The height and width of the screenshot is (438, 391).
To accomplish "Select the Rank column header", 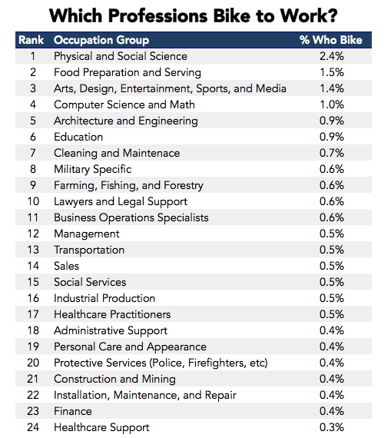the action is pyautogui.click(x=31, y=40).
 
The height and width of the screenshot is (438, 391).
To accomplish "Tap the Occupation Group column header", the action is pyautogui.click(x=101, y=41).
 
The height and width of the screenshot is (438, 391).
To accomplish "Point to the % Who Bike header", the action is pyautogui.click(x=331, y=40).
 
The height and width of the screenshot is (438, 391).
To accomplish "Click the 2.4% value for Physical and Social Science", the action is pyautogui.click(x=332, y=56).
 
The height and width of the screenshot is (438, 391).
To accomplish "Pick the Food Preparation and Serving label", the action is pyautogui.click(x=128, y=73).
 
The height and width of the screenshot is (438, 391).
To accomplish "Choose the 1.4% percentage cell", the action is pyautogui.click(x=332, y=88).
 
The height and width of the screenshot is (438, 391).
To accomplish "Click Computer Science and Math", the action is pyautogui.click(x=124, y=105).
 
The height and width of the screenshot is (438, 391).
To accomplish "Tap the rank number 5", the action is pyautogui.click(x=33, y=121).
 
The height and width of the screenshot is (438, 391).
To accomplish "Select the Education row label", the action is pyautogui.click(x=78, y=137).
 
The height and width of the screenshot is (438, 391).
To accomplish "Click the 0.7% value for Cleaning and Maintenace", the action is pyautogui.click(x=332, y=153).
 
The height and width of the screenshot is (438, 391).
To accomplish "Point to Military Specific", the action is pyautogui.click(x=92, y=170).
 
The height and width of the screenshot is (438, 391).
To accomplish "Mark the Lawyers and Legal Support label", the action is pyautogui.click(x=121, y=201).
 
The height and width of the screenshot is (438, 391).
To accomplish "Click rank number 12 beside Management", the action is pyautogui.click(x=33, y=234).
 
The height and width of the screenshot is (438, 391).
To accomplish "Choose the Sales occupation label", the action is pyautogui.click(x=67, y=266).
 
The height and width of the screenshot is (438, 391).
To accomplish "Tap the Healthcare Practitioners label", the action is pyautogui.click(x=112, y=314).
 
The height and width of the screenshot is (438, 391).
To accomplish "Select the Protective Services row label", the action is pyautogui.click(x=161, y=363).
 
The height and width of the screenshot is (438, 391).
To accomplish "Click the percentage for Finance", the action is pyautogui.click(x=332, y=411).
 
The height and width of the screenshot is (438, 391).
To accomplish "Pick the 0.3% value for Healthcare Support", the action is pyautogui.click(x=332, y=427).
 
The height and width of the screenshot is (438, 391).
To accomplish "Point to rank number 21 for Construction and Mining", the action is pyautogui.click(x=33, y=379).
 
